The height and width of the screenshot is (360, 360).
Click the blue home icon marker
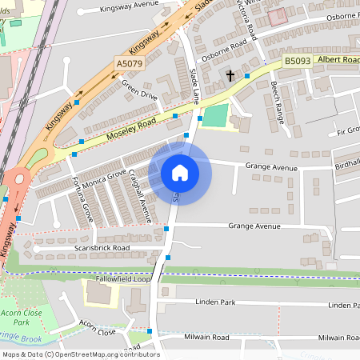point(179,172)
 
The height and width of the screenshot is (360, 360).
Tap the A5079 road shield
point(130,63)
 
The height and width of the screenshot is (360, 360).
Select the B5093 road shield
point(296,61)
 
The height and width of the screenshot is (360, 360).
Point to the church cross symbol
point(230,76)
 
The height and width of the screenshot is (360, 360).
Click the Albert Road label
point(336,60)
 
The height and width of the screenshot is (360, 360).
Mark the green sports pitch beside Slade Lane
point(214,118)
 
